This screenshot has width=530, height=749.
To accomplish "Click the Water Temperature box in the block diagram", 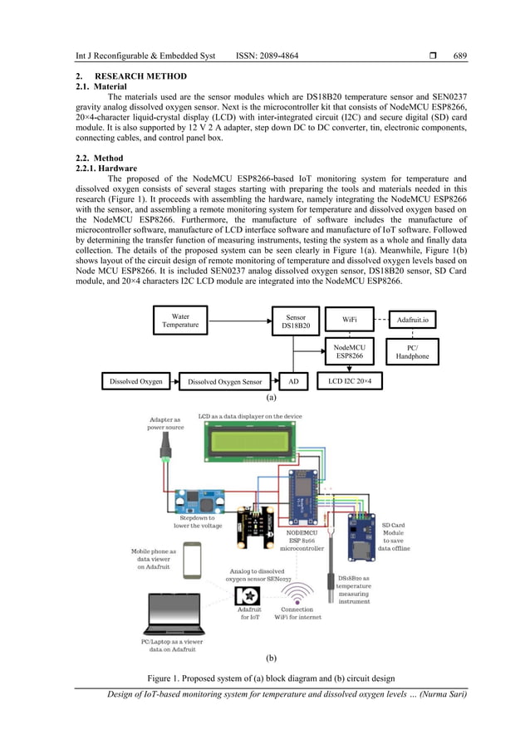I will point(180,321).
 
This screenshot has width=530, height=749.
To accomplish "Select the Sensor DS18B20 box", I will point(296,321).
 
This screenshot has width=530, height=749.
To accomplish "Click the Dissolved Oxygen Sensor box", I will point(224,382).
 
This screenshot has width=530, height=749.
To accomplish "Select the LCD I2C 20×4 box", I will point(356,381).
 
